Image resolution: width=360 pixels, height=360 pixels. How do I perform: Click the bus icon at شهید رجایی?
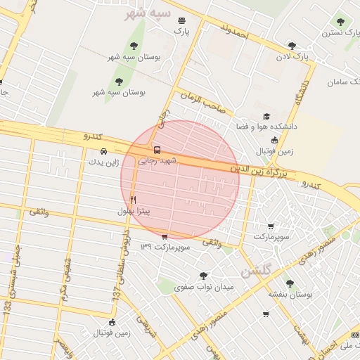(x=156, y=150)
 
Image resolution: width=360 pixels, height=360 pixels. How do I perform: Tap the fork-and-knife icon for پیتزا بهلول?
(x=133, y=201)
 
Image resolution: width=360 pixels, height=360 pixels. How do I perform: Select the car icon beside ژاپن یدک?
(x=104, y=151)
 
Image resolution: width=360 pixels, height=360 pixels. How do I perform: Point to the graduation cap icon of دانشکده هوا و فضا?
(x=266, y=117)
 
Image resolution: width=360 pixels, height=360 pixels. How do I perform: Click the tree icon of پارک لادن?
(x=292, y=46)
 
